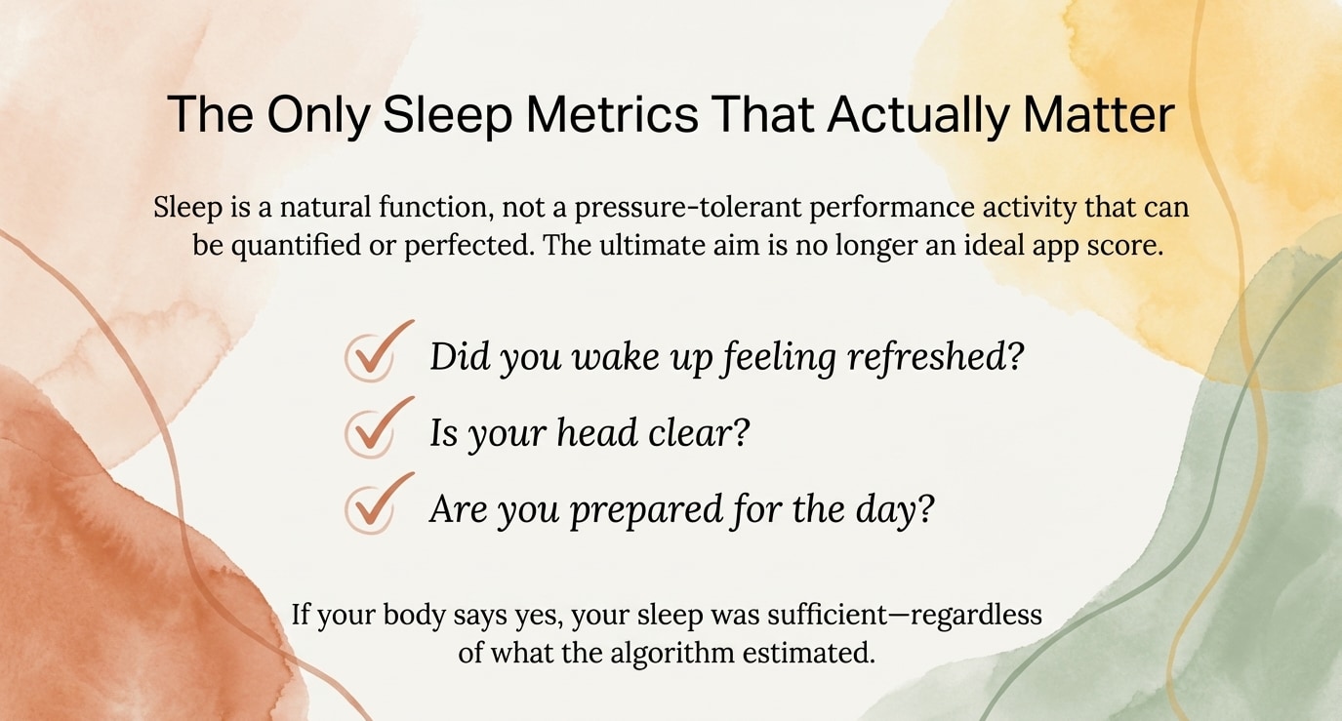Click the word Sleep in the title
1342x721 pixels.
click(448, 115)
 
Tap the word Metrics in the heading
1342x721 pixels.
click(613, 114)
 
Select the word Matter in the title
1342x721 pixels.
click(1099, 114)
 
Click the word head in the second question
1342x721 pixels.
click(596, 432)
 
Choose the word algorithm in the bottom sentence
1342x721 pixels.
click(672, 652)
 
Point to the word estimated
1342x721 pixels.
click(809, 652)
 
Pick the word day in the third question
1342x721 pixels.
click(894, 510)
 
